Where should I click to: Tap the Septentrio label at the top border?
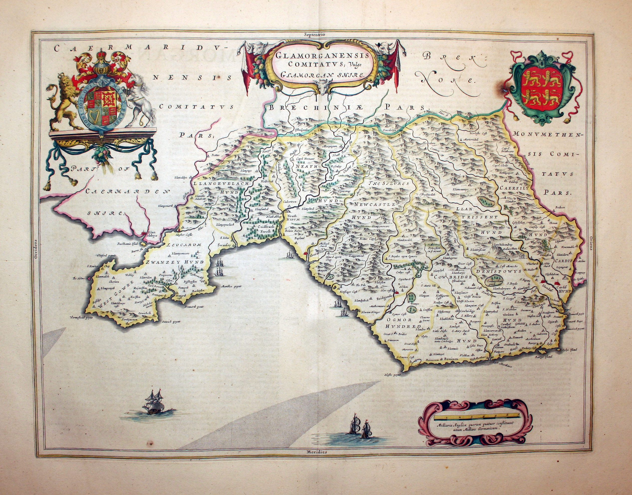315,34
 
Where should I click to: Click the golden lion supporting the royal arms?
63,101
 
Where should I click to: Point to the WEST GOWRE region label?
113,294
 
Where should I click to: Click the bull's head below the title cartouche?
324,87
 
